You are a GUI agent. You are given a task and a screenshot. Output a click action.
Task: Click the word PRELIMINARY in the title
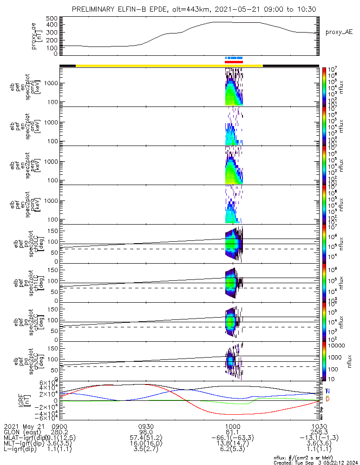(x=95, y=9)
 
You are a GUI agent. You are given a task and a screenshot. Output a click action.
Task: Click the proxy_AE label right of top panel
(x=339, y=32)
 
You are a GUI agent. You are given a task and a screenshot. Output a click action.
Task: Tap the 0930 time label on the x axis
(x=146, y=426)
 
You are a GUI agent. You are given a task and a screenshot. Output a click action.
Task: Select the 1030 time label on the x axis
(x=319, y=426)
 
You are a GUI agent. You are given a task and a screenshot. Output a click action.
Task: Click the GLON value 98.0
(x=146, y=432)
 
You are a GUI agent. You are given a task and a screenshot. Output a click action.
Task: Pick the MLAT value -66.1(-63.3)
(x=232, y=438)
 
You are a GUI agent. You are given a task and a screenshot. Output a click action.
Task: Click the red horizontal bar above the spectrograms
(x=234, y=62)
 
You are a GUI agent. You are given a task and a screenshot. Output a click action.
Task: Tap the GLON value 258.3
(x=319, y=432)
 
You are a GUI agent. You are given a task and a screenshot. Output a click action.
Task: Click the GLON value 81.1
(x=232, y=432)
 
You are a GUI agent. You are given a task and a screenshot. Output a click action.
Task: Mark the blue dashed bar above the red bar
(x=234, y=58)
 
